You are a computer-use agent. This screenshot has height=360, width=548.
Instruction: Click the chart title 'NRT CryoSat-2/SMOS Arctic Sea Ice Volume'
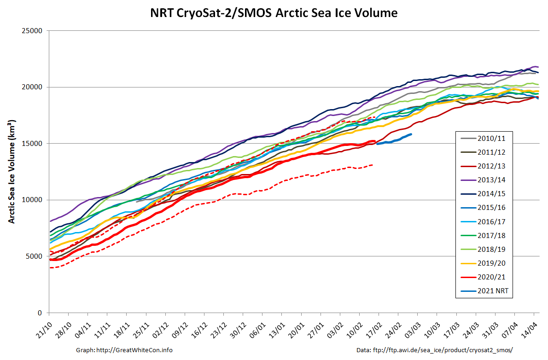click(x=274, y=13)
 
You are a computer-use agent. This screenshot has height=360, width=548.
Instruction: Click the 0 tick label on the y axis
click(x=40, y=313)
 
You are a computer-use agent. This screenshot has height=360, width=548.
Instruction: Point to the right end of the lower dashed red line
click(x=372, y=165)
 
